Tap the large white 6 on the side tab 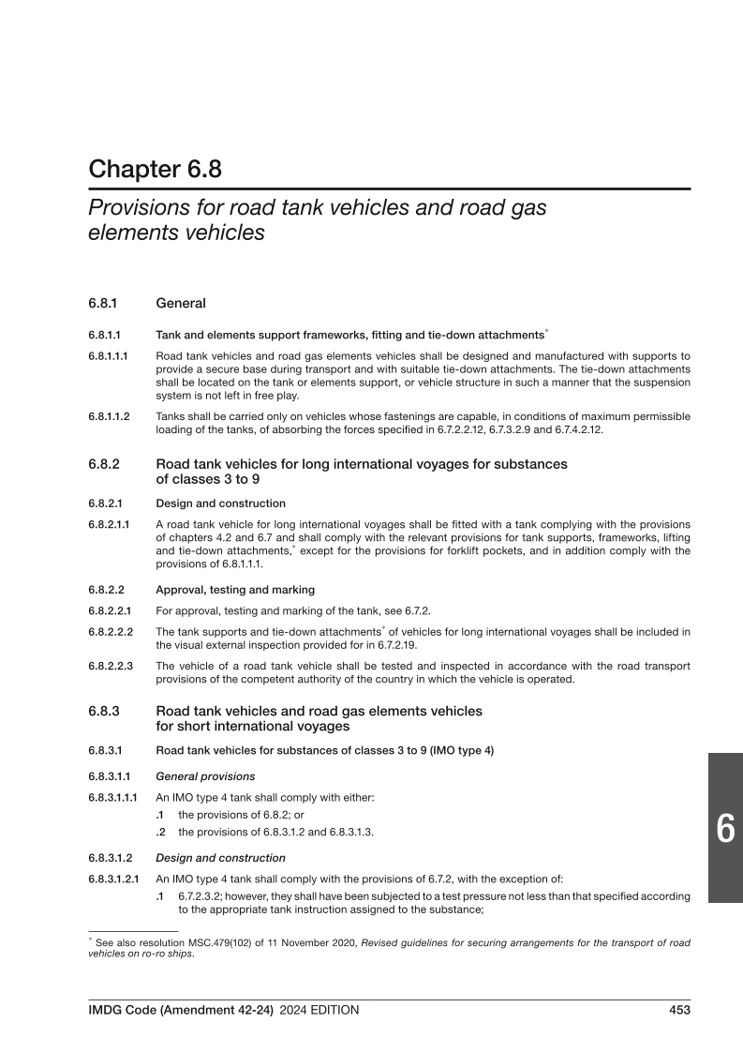pos(724,829)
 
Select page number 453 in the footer pos(679,1010)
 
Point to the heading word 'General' pos(181,304)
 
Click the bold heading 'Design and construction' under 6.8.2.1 pos(220,503)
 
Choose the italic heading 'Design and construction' pos(220,857)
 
